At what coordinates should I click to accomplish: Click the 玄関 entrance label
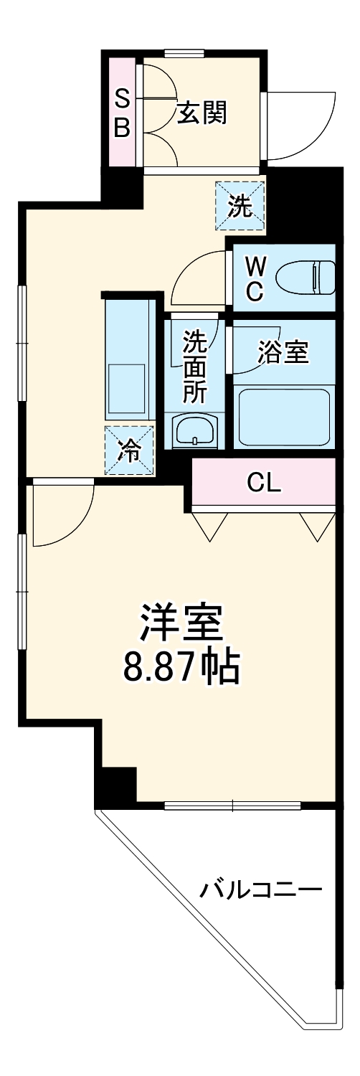click(202, 113)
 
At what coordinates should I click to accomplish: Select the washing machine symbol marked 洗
click(241, 206)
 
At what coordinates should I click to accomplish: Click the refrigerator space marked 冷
click(130, 450)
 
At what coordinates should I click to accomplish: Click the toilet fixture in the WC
click(305, 277)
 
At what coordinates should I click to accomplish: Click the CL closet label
click(264, 483)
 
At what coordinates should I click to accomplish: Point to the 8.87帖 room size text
click(180, 667)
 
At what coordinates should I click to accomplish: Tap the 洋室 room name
click(181, 623)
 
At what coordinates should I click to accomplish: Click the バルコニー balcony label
click(260, 891)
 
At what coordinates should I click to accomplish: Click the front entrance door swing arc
click(301, 126)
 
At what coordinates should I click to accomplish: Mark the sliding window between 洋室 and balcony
click(233, 806)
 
